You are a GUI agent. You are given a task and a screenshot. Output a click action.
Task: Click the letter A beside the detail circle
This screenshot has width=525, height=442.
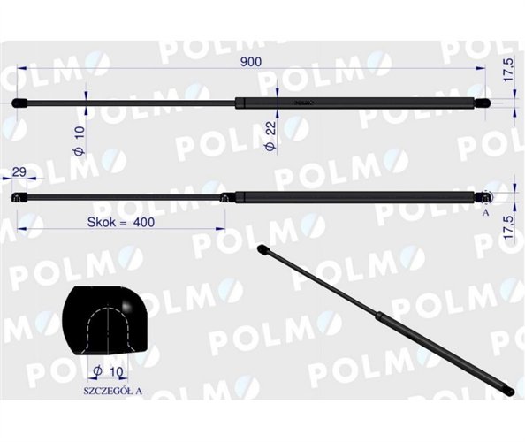[485, 213]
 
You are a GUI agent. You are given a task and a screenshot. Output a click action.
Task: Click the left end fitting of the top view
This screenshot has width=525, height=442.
[21, 103]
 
